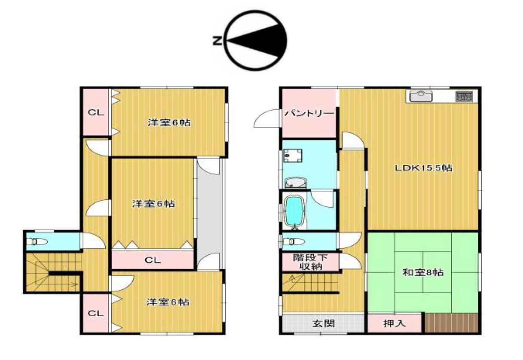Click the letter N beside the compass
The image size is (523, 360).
click(x=217, y=41)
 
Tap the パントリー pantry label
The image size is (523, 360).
click(x=309, y=113)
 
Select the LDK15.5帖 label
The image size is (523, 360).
click(x=423, y=168)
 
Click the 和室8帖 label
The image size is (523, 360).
click(x=423, y=272)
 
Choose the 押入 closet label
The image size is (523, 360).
click(x=394, y=323)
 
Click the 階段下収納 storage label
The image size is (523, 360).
click(x=310, y=262)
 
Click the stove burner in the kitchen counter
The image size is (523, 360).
click(x=464, y=97)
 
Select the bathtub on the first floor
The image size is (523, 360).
click(x=295, y=211)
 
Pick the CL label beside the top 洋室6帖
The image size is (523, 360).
click(x=96, y=113)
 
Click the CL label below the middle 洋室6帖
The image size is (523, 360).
click(x=153, y=260)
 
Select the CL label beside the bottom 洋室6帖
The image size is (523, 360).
click(x=96, y=313)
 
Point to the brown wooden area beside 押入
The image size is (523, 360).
click(x=452, y=323)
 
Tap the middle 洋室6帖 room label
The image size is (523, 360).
click(x=153, y=204)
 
